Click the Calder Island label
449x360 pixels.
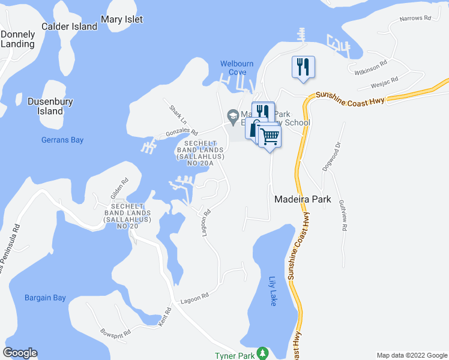point(69,26)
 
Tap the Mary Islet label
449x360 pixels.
point(122,19)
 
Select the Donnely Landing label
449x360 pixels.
point(17,39)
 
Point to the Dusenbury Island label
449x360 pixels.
point(50,106)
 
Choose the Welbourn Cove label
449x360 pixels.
point(237,68)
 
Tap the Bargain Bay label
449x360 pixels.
point(46,298)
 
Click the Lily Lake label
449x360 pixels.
point(273,291)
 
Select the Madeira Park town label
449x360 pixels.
point(303,199)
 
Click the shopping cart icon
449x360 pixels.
point(270,137)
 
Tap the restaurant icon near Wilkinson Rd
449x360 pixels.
point(303,65)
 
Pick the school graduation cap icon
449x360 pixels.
point(232,115)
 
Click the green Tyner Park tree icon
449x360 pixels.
point(262,353)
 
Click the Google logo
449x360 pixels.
point(20,353)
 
